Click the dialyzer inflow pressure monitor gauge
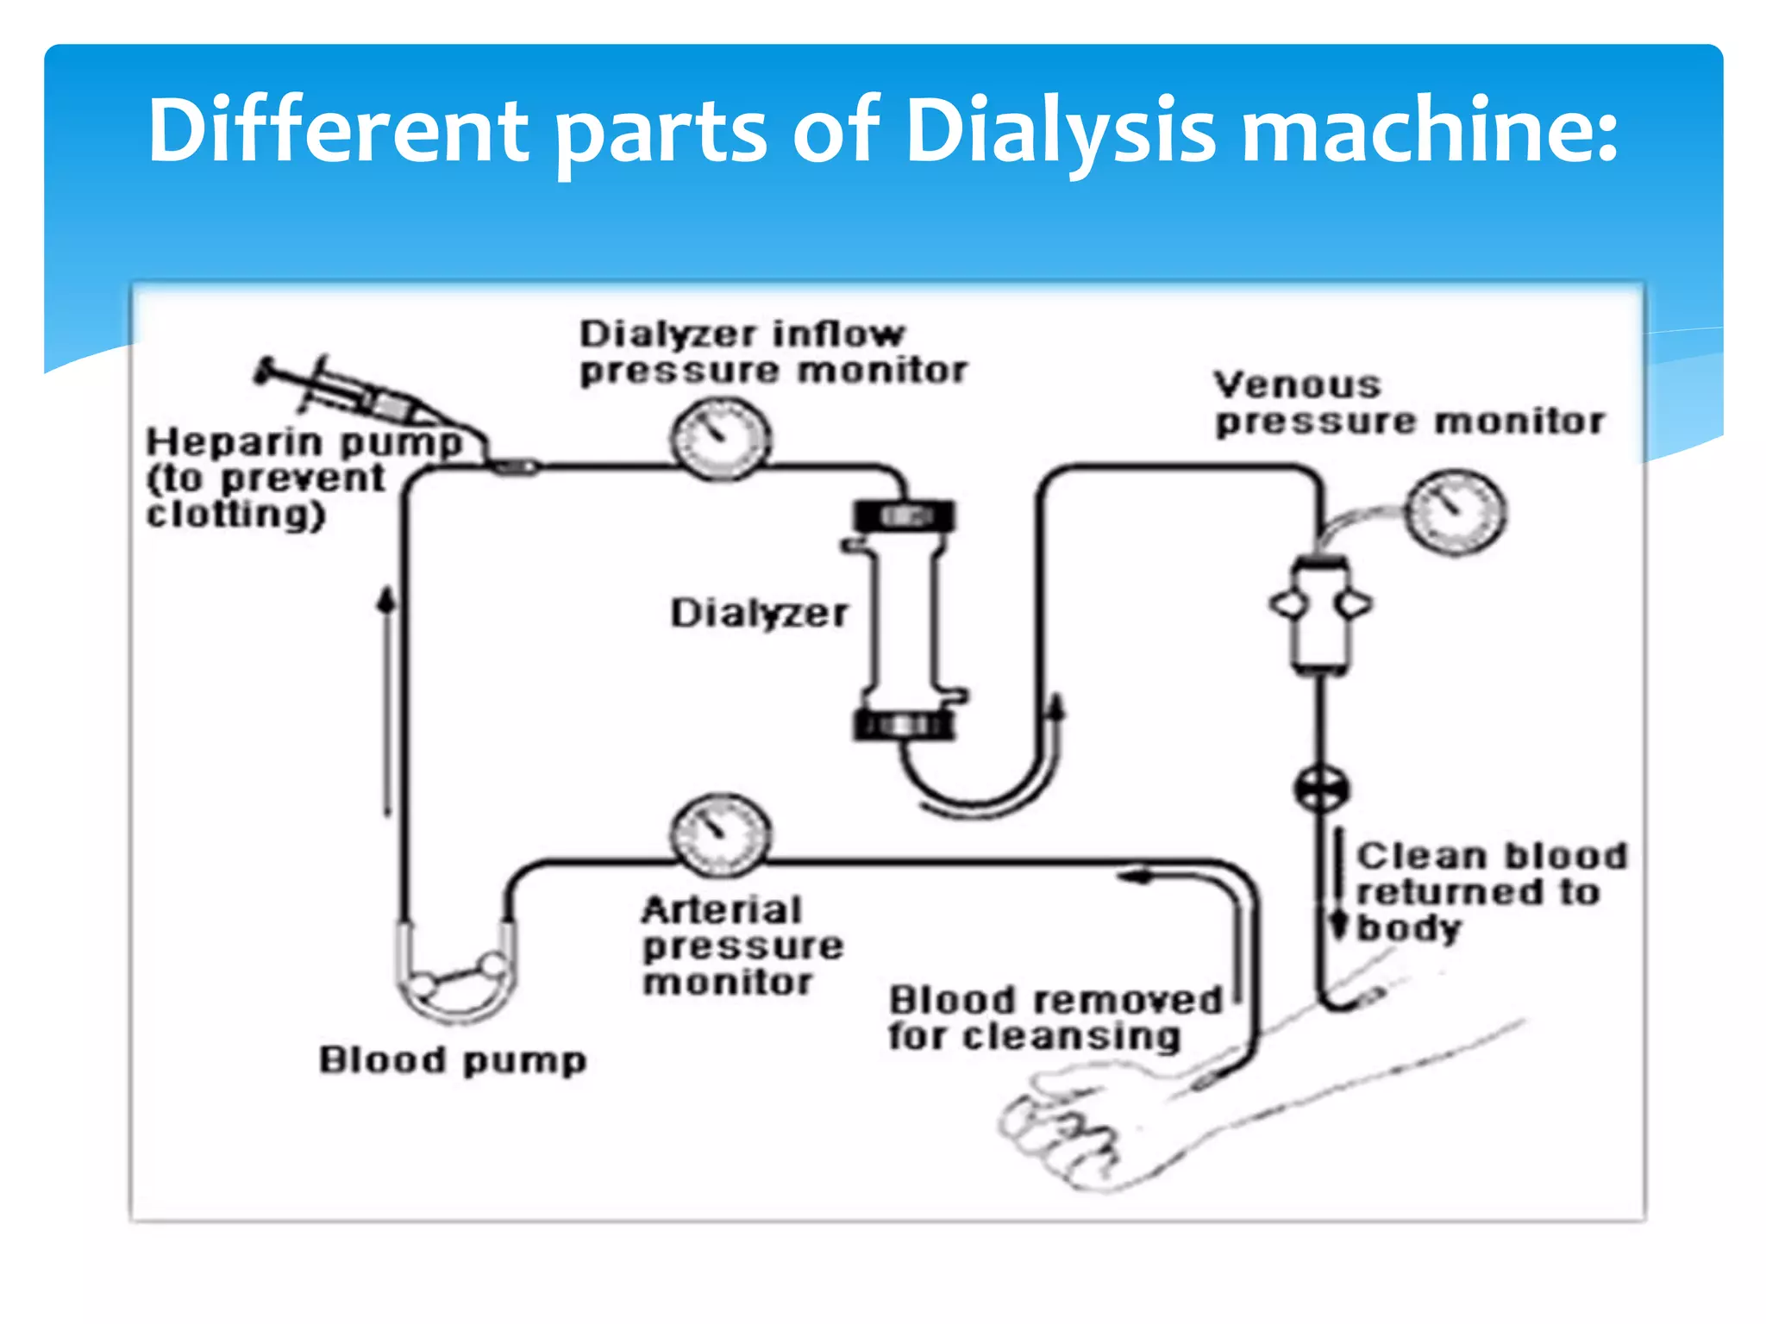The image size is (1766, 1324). tap(720, 438)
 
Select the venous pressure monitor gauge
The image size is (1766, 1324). tap(1456, 512)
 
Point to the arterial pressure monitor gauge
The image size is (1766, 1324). tap(720, 834)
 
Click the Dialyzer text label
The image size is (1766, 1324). tap(759, 614)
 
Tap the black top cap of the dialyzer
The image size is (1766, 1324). tap(904, 516)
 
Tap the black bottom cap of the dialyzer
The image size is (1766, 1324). tap(904, 724)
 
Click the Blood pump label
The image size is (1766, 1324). tap(453, 1060)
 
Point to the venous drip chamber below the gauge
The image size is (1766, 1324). tap(1320, 614)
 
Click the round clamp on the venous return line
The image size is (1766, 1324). tap(1321, 788)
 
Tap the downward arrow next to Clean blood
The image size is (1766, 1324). tap(1339, 888)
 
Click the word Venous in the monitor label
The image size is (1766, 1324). tap(1297, 384)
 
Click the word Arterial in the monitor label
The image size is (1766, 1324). tap(722, 910)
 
